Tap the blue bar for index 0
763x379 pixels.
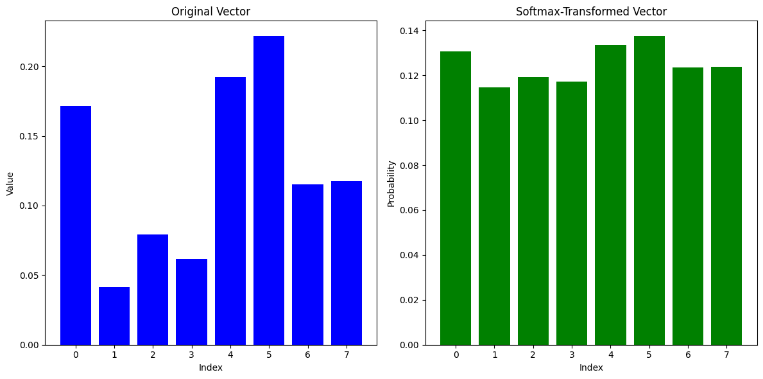coord(76,225)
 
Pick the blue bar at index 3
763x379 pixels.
coord(191,302)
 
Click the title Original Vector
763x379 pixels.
coord(210,12)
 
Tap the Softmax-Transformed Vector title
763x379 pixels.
coord(591,12)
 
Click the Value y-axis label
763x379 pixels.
coord(10,183)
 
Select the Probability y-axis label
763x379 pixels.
coord(391,183)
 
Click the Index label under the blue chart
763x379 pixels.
coord(210,367)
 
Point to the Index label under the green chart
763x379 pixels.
coord(591,367)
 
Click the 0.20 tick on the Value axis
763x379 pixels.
coord(28,67)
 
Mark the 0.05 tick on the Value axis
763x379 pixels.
coord(28,276)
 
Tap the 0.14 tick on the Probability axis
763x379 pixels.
coord(409,31)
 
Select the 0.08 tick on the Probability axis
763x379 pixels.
coord(409,166)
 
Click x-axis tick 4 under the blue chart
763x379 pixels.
coord(230,355)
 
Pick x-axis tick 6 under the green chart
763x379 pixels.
coord(687,355)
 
